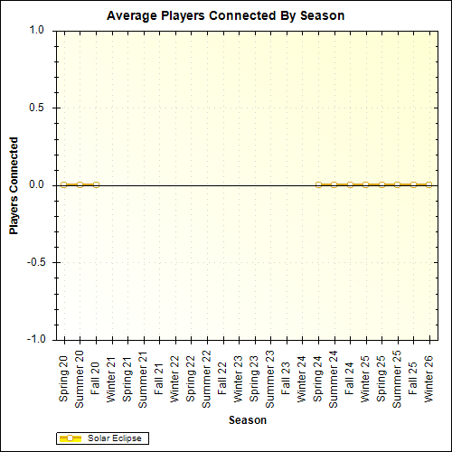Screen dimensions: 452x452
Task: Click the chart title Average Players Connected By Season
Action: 225,16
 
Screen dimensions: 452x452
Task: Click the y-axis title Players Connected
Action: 14,185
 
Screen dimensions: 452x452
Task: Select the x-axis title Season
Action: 247,420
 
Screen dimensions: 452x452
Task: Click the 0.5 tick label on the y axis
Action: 37,108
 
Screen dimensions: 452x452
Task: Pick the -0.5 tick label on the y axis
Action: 35,262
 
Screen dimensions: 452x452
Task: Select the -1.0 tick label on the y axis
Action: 35,340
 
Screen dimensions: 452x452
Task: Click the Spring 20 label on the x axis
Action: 64,378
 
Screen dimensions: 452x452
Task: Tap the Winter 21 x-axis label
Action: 112,378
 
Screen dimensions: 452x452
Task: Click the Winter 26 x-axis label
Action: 429,378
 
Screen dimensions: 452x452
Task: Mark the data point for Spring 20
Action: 64,184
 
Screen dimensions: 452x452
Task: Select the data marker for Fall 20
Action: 96,184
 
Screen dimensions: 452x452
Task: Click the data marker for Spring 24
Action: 318,184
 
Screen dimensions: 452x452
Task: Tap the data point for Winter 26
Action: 429,184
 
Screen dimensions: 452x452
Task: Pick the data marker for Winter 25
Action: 366,184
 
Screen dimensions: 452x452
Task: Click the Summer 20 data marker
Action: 80,184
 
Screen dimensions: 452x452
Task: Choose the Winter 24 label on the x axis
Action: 303,378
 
